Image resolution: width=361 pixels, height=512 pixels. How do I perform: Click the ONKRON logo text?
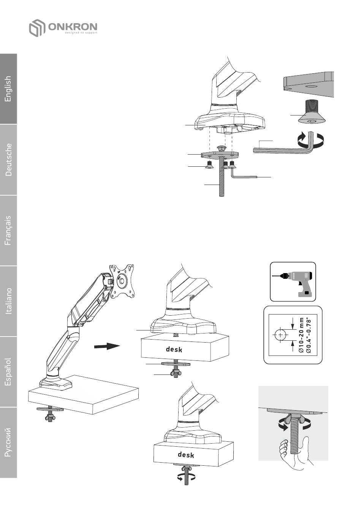(x=72, y=27)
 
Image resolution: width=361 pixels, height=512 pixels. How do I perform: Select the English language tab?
(x=8, y=89)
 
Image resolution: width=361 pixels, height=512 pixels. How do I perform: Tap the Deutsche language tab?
(x=8, y=160)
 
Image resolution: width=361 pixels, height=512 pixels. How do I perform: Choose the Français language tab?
(x=8, y=231)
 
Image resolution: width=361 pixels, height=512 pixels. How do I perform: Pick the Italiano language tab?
(x=8, y=301)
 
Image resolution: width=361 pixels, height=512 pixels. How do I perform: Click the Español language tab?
(x=8, y=372)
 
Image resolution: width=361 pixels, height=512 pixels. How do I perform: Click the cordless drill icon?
(x=293, y=281)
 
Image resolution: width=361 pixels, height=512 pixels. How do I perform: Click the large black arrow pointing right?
(x=107, y=346)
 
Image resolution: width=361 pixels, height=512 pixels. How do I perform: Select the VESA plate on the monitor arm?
(x=123, y=281)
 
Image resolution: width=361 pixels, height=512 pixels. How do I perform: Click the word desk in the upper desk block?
(x=174, y=349)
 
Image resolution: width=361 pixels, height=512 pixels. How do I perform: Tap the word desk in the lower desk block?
(x=186, y=454)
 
